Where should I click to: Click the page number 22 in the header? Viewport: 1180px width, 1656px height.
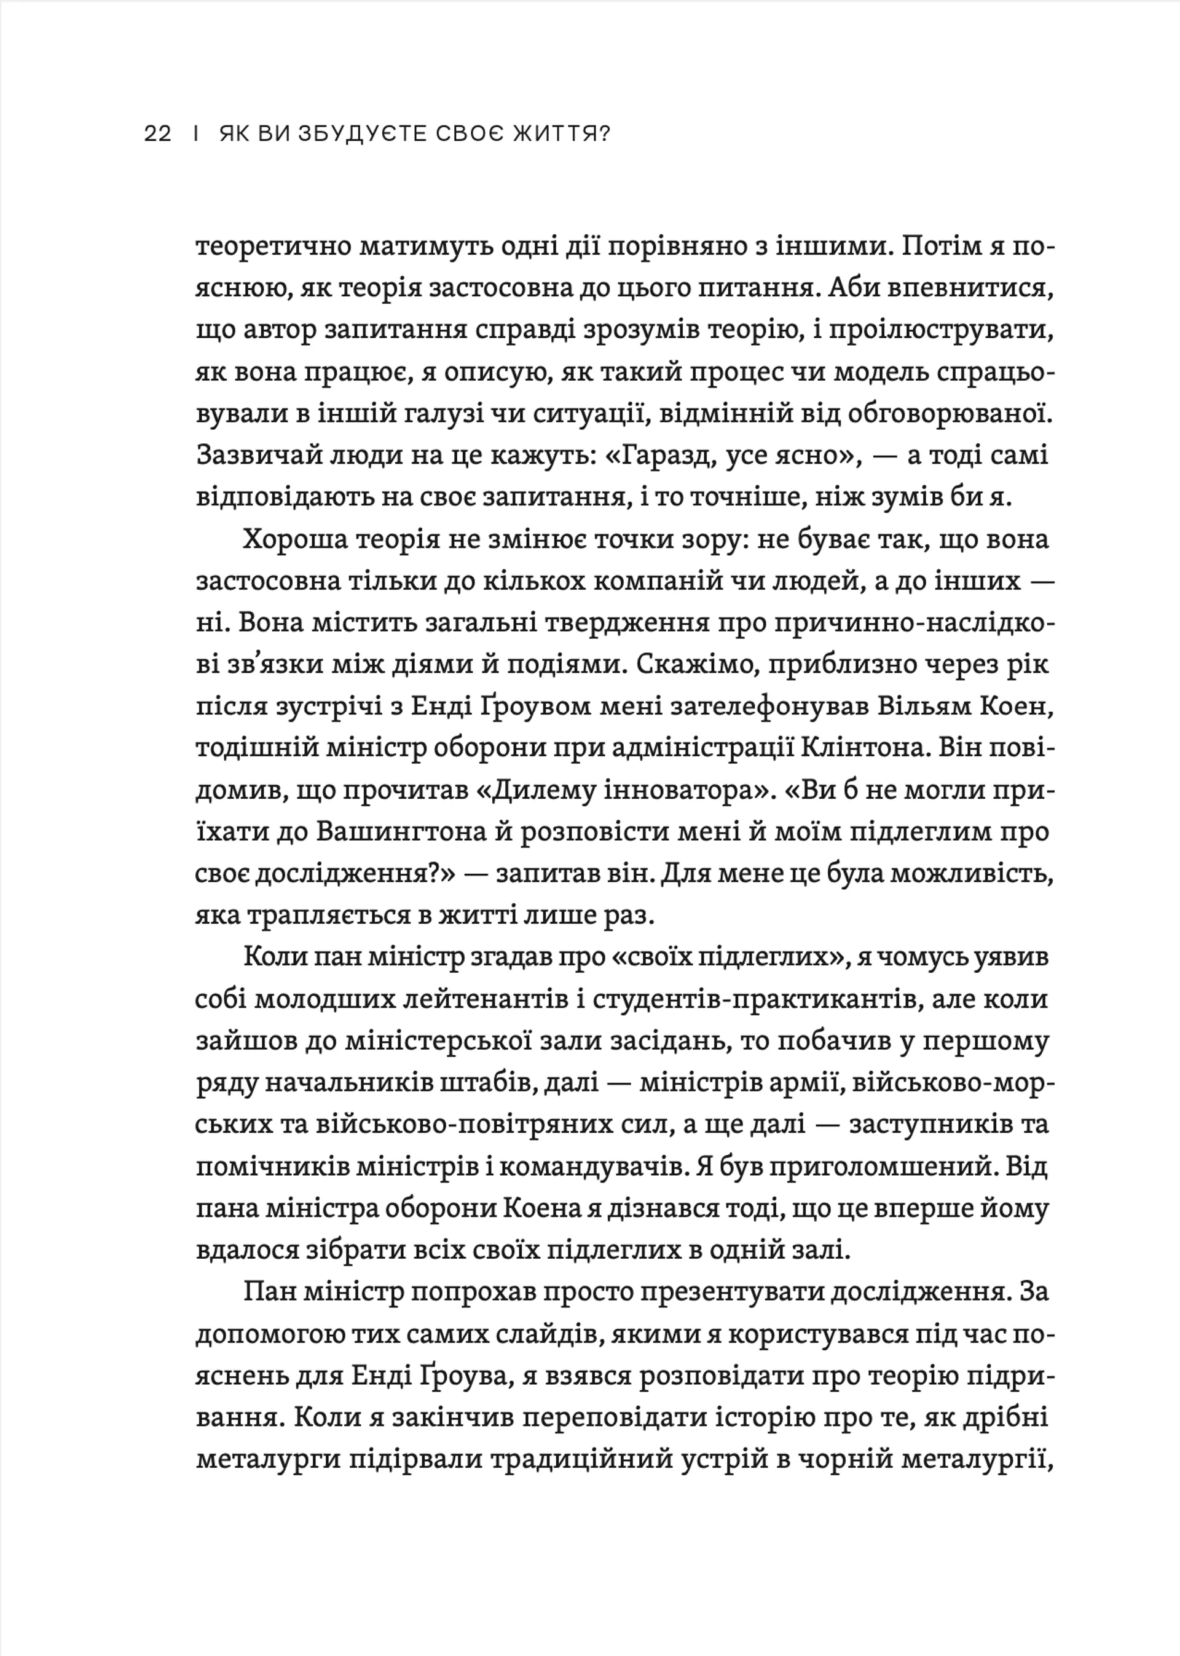coord(158,135)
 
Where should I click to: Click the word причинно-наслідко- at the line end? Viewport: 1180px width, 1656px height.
coord(896,624)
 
